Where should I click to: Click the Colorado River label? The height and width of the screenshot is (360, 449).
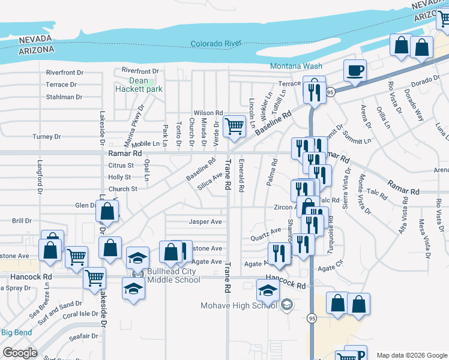tap(215, 44)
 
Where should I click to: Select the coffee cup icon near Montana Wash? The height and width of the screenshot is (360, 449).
tap(355, 71)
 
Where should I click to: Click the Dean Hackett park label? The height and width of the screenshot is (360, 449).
tap(139, 85)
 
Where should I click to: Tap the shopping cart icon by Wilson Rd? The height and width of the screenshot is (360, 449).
tap(234, 126)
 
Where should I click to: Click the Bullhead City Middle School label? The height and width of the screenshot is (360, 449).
tap(173, 275)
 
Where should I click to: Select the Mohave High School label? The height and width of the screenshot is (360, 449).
tap(239, 305)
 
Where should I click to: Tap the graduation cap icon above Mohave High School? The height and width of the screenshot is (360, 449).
tap(268, 291)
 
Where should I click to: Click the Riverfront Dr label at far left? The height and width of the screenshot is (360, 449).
tap(64, 73)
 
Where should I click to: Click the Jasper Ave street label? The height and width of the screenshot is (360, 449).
tap(206, 221)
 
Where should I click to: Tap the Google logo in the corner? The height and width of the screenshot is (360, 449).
tap(20, 353)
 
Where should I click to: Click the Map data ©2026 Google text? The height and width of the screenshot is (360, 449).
tap(411, 355)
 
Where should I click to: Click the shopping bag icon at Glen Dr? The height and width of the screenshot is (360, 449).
tap(107, 211)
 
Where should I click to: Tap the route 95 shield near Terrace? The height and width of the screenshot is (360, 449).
tap(331, 92)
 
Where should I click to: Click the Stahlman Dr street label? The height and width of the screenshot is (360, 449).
tap(64, 97)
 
